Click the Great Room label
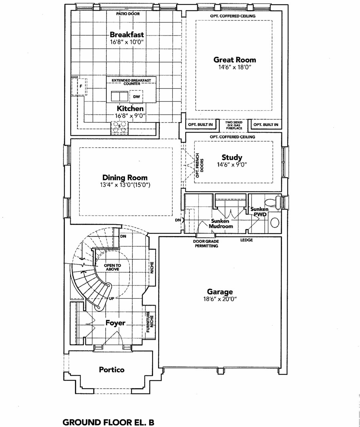point(235,60)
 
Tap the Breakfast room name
point(127,35)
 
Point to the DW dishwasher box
point(136,96)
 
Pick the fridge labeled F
point(79,86)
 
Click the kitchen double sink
point(120,96)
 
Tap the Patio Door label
point(128,14)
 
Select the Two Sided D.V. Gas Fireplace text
point(234,125)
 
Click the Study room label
point(232,157)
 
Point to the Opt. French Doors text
point(200,165)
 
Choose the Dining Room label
point(125,177)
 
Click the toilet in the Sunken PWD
point(273,202)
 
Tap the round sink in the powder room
point(275,223)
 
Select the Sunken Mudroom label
point(221,224)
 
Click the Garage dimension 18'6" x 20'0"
point(220,299)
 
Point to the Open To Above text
point(113,267)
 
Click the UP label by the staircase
point(112,299)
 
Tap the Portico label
point(112,370)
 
